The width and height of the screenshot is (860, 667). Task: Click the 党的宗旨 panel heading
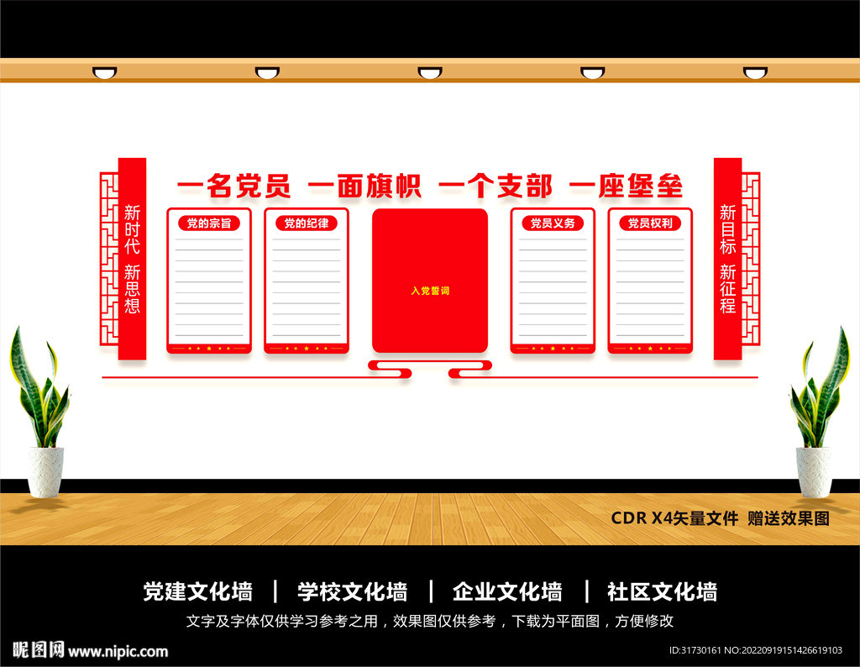209,223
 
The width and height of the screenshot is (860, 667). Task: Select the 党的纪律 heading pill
306,223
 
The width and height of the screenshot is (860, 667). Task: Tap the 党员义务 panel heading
553,223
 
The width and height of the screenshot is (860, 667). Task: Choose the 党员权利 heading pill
650,223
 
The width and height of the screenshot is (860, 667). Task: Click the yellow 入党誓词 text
430,291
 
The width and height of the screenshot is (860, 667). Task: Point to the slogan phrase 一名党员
233,186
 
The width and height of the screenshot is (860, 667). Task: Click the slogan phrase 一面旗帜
364,186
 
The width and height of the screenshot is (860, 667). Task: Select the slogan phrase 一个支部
496,186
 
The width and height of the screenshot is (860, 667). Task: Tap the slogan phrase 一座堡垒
627,186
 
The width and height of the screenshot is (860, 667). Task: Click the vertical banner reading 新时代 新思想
132,259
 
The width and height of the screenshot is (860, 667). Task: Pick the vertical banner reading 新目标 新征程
728,259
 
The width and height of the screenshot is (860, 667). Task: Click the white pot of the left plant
46,472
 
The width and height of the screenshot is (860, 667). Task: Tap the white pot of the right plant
814,472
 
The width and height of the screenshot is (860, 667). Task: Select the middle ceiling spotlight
430,73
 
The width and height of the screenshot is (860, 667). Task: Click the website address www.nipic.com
118,652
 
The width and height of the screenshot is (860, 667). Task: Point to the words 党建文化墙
198,592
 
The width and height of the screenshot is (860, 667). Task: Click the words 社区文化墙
662,592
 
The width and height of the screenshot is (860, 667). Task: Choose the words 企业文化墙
507,592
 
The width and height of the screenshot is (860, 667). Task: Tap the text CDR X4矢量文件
674,518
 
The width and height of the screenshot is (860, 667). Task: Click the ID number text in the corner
755,650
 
